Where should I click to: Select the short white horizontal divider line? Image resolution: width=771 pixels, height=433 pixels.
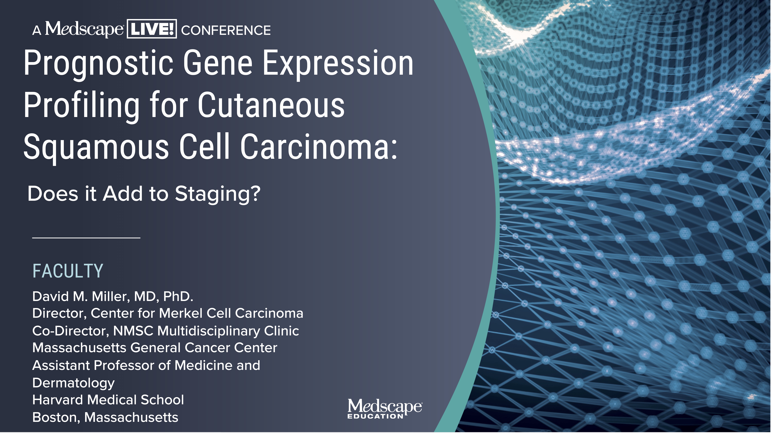coord(86,238)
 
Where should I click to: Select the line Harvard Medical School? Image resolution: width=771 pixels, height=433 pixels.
coord(108,400)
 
